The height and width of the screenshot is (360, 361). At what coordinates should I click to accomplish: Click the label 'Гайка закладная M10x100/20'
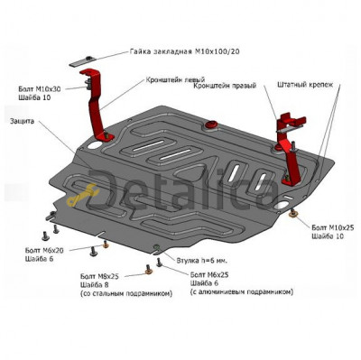(185, 51)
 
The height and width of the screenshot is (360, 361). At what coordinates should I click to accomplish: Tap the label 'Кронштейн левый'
(175, 80)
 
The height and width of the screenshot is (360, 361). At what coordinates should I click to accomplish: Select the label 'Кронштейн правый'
(225, 86)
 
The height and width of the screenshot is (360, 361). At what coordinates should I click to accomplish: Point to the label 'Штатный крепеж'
(305, 85)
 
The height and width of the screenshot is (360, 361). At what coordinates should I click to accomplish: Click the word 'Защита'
(22, 121)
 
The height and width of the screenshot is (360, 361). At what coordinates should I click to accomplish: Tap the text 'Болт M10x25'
(333, 227)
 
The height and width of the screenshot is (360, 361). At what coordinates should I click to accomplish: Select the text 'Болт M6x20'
(44, 250)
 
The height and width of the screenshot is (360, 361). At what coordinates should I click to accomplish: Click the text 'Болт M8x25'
(99, 276)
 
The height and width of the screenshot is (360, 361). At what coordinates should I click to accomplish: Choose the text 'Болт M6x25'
(209, 274)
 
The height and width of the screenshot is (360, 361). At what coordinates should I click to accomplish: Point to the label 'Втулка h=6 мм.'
(202, 261)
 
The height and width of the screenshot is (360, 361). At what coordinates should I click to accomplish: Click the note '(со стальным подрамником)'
(126, 293)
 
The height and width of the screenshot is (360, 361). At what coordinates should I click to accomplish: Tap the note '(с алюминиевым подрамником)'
(242, 291)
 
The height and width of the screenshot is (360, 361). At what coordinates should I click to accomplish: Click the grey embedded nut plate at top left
(82, 61)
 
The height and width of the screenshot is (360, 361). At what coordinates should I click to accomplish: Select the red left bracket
(97, 106)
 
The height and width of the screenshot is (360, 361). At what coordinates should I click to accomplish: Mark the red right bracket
(290, 147)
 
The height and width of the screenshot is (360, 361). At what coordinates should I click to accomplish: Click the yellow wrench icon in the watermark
(81, 196)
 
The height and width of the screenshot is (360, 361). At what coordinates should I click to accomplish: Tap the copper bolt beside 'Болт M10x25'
(292, 214)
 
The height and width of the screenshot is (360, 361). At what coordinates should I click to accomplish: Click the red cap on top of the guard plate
(211, 125)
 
